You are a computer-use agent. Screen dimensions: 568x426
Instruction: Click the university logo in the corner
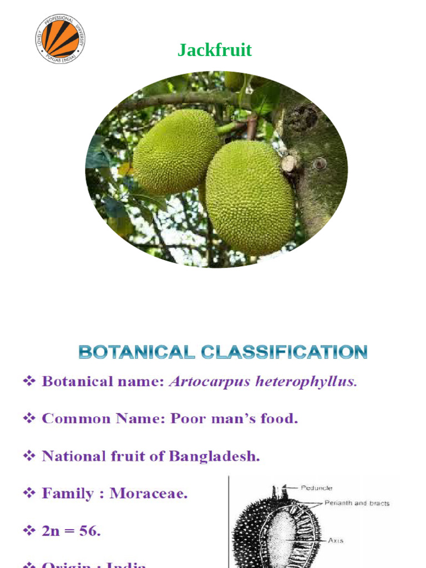point(60,39)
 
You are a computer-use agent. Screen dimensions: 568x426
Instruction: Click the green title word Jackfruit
point(215,50)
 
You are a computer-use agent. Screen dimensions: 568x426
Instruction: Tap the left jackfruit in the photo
point(176,151)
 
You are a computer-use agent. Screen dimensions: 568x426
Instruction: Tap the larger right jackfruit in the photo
point(250,197)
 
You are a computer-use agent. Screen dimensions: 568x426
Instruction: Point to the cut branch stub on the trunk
point(289,163)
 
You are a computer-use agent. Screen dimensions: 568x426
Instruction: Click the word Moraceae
point(148,493)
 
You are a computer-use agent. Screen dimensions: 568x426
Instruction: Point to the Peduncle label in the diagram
point(316,488)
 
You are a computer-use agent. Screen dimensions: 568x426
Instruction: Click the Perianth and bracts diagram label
point(357,503)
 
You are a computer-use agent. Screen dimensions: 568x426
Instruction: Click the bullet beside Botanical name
point(29,382)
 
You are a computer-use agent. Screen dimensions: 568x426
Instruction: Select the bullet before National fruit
point(29,456)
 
